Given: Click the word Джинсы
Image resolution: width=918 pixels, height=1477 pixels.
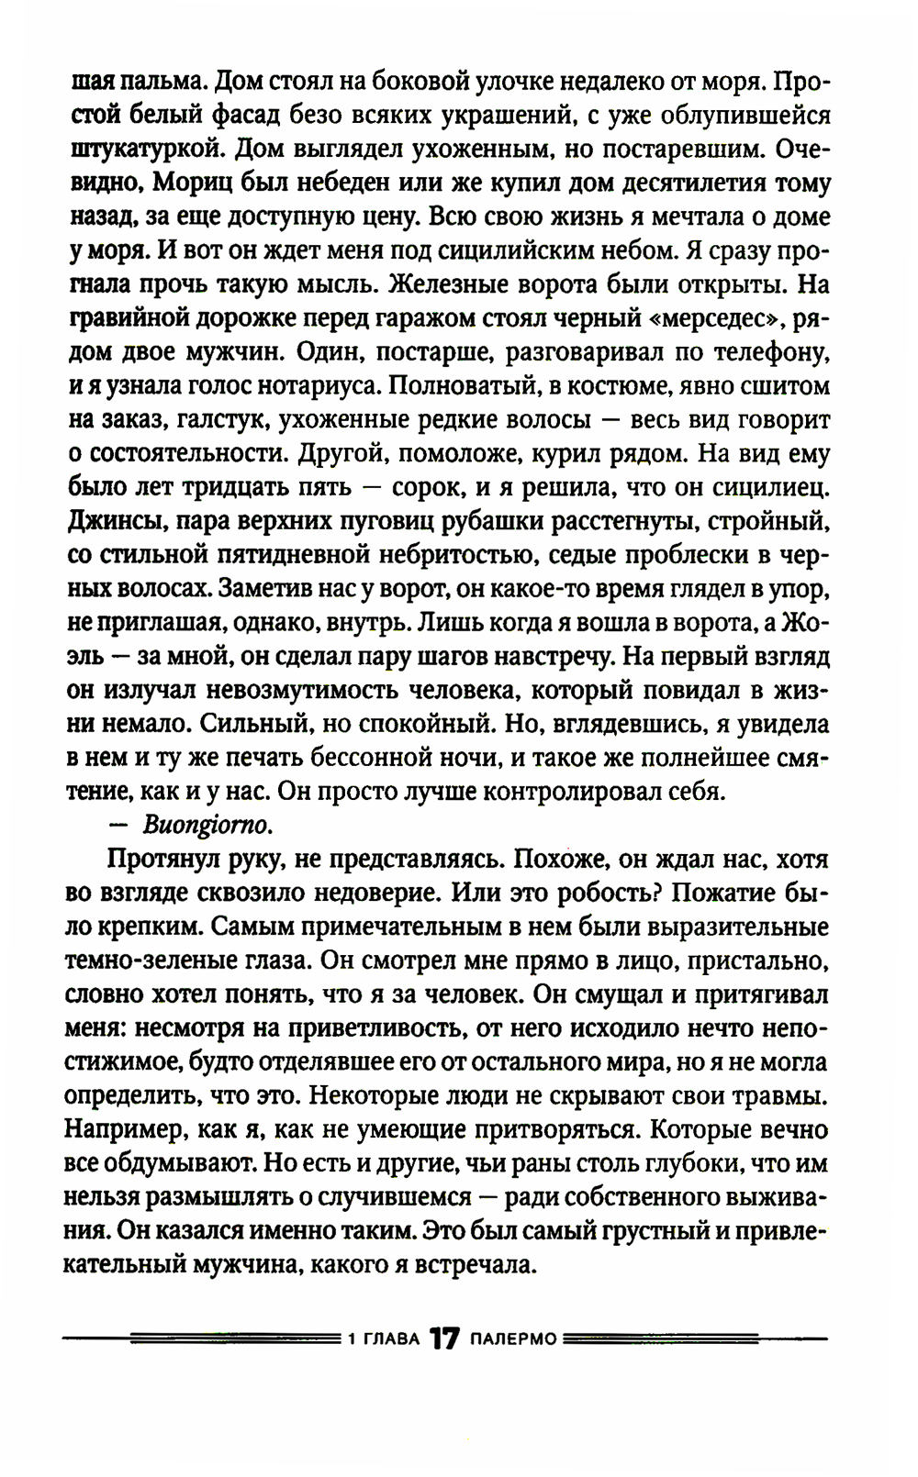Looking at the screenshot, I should pos(113,521).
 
